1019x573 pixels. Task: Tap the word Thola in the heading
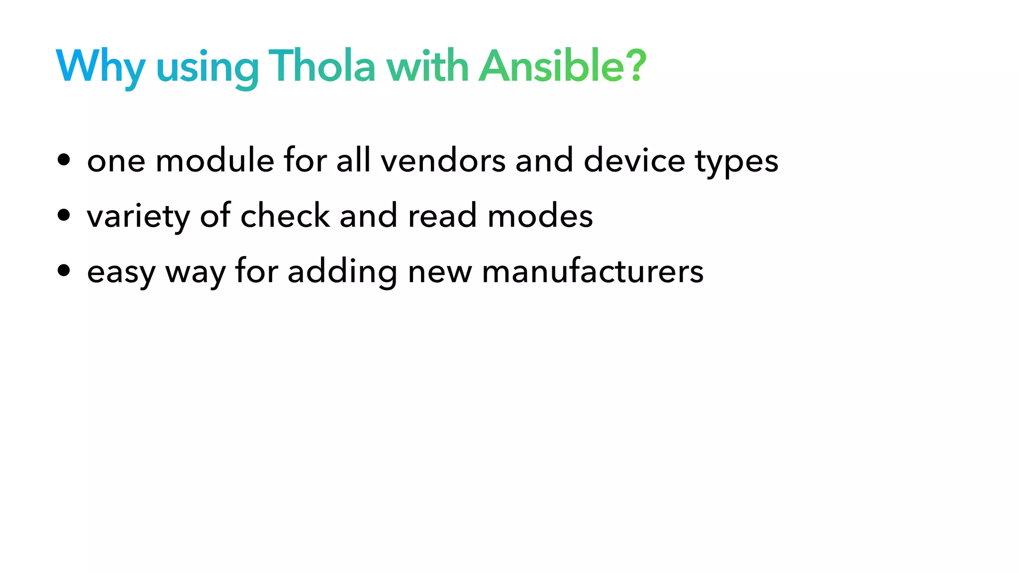point(321,66)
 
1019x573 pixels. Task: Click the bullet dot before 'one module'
point(64,160)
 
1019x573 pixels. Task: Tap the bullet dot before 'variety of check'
point(64,215)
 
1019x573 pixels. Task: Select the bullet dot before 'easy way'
point(64,271)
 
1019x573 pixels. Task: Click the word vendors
point(443,161)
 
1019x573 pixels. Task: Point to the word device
point(634,161)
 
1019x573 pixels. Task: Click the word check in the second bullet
point(285,216)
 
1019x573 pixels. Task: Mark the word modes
point(540,216)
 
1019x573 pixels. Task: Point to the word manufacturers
point(593,272)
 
